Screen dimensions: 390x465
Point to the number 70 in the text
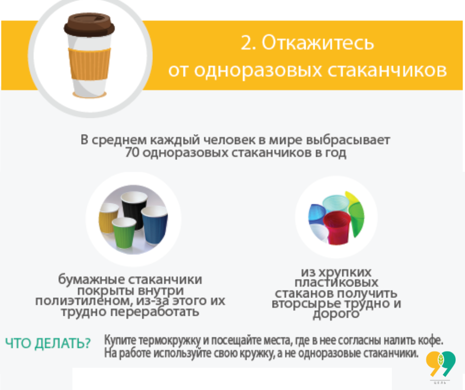pyautogui.click(x=133, y=152)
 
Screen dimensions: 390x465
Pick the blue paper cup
pyautogui.click(x=154, y=224)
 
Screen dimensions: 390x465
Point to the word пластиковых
pyautogui.click(x=336, y=283)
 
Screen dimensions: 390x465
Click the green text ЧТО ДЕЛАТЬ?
pyautogui.click(x=48, y=343)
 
